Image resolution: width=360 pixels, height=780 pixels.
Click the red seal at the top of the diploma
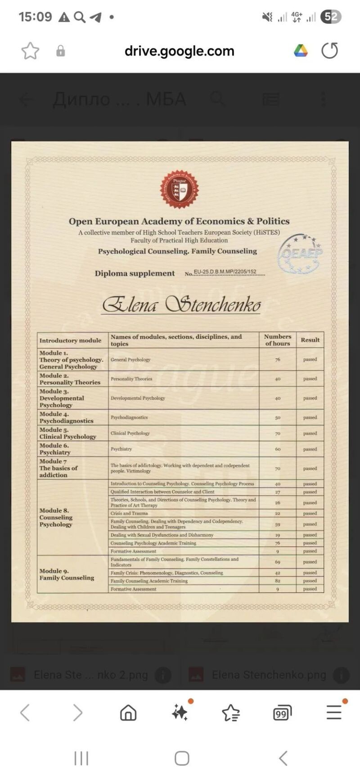tap(180, 189)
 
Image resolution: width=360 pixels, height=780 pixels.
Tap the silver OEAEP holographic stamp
tap(300, 254)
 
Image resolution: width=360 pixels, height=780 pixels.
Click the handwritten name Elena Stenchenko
tap(181, 305)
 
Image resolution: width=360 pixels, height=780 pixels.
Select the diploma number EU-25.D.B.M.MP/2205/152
tap(225, 272)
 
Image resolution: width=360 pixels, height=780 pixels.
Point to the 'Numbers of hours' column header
tap(278, 340)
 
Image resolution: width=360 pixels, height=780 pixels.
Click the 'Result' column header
tap(310, 340)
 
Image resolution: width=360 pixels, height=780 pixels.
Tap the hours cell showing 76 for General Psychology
tap(278, 360)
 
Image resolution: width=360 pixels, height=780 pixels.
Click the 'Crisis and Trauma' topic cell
tap(129, 513)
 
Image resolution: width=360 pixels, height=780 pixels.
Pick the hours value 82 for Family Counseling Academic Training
tap(278, 581)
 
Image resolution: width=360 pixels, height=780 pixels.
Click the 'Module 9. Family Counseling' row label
tap(67, 574)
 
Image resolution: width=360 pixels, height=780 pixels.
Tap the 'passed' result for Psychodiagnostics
tap(310, 417)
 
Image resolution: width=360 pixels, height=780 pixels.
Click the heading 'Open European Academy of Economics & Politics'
tap(179, 221)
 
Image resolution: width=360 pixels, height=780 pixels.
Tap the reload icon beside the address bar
tap(329, 51)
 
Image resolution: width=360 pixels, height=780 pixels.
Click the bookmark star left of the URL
tap(30, 51)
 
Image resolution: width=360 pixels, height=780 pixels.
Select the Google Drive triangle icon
tap(301, 51)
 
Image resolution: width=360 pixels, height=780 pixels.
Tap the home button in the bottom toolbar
tap(128, 712)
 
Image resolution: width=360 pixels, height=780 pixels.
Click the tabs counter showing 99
tap(282, 713)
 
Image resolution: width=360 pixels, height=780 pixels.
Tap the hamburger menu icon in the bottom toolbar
tap(334, 712)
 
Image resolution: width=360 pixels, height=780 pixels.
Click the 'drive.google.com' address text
tap(179, 51)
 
